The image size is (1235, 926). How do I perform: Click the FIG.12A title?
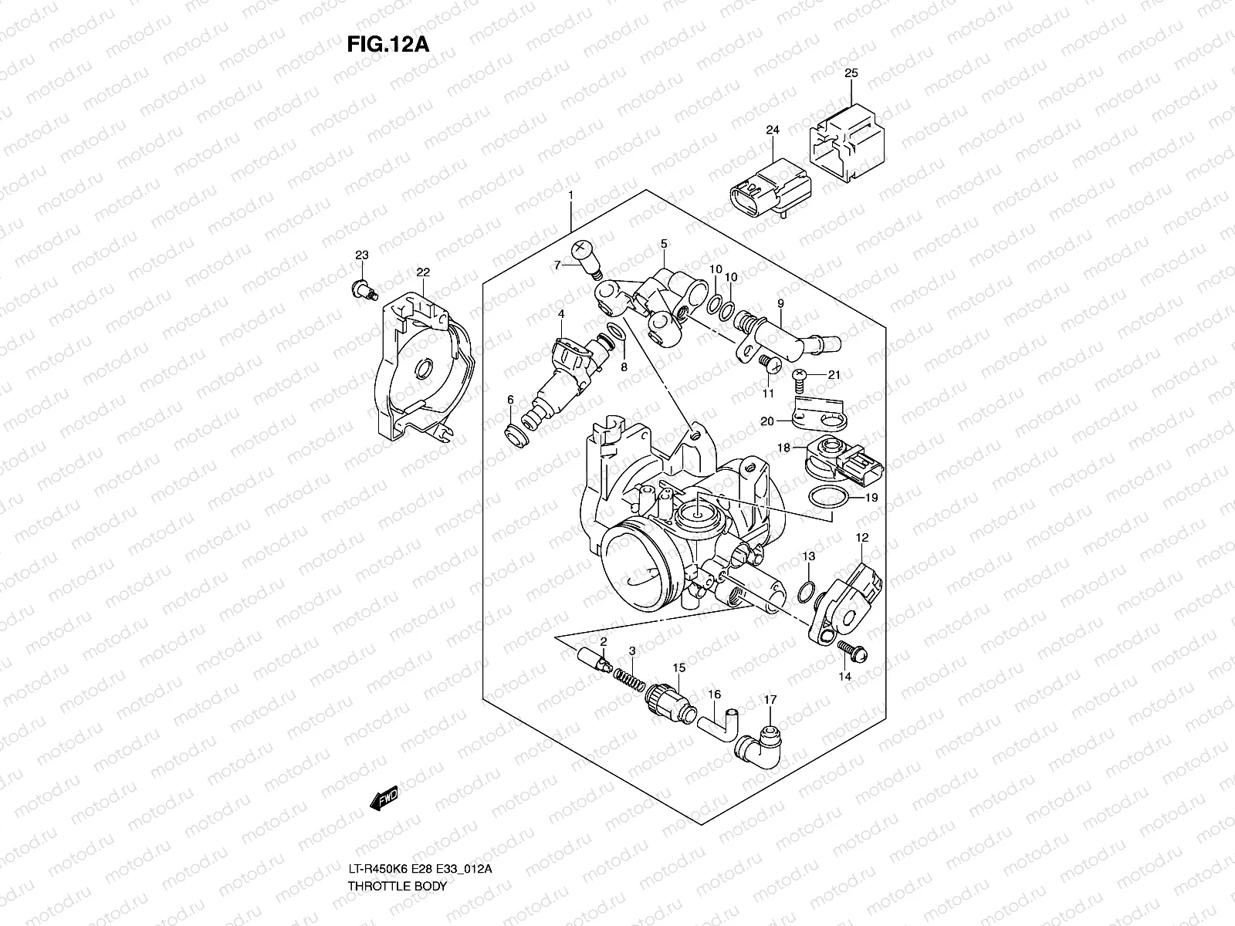(x=387, y=42)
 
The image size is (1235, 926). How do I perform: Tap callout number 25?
(x=851, y=74)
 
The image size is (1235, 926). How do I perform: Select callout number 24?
(x=773, y=130)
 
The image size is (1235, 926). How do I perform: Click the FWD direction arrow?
(x=384, y=799)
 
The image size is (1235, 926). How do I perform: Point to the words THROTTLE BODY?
(x=397, y=907)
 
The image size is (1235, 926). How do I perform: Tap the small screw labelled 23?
(x=361, y=290)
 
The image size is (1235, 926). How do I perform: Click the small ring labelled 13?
(x=805, y=592)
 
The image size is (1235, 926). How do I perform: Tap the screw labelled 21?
(x=801, y=376)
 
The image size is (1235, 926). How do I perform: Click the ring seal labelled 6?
(x=515, y=434)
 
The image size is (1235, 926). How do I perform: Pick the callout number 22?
(x=423, y=272)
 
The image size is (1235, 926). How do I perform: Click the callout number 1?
(x=570, y=174)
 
